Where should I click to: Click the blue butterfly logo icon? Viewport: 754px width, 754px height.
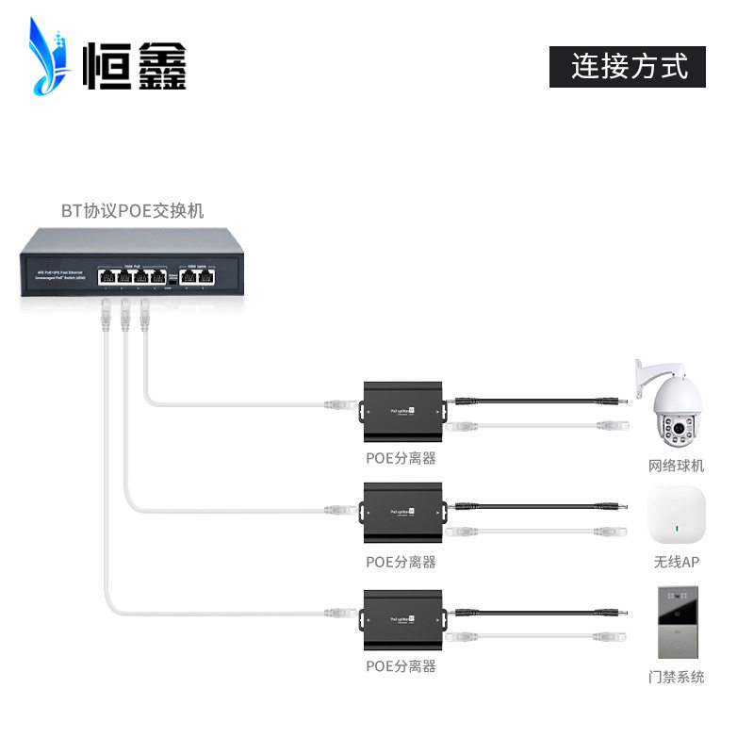pyautogui.click(x=49, y=58)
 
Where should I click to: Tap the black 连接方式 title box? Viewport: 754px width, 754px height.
pyautogui.click(x=628, y=66)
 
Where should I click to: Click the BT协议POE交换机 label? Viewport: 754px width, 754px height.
pyautogui.click(x=132, y=211)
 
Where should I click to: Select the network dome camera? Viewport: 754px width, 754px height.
pyautogui.click(x=677, y=405)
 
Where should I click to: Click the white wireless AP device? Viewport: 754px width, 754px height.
pyautogui.click(x=676, y=519)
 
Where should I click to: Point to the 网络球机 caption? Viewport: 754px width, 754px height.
pyautogui.click(x=676, y=466)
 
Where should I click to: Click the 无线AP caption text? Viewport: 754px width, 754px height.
pyautogui.click(x=676, y=563)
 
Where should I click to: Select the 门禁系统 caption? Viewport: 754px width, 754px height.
pyautogui.click(x=676, y=677)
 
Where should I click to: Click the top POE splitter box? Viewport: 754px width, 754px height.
pyautogui.click(x=402, y=412)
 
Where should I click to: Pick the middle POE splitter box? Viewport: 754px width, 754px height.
pyautogui.click(x=402, y=514)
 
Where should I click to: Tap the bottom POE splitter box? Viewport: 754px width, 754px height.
pyautogui.click(x=402, y=617)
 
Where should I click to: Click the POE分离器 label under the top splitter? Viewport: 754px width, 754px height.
pyautogui.click(x=401, y=459)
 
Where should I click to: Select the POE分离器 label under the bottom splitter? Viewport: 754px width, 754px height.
pyautogui.click(x=401, y=665)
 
